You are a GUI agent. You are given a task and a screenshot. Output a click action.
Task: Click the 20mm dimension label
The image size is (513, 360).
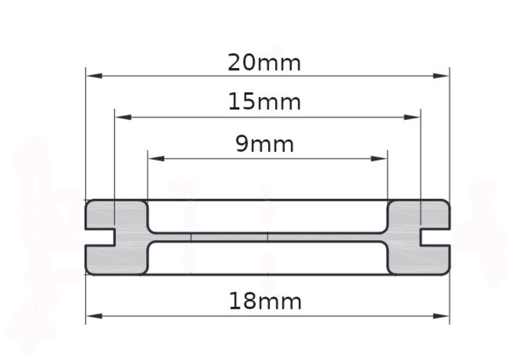tap(264, 63)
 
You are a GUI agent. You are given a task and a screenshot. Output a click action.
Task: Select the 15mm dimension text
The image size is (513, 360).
tap(264, 102)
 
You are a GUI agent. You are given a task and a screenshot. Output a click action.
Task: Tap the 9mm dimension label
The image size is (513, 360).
tap(264, 144)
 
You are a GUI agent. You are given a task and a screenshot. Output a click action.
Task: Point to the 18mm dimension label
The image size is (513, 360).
tap(265, 302)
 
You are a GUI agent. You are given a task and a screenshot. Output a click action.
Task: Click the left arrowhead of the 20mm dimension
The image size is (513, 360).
tap(94, 76)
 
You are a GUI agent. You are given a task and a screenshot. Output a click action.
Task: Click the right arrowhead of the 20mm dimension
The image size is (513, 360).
tap(441, 76)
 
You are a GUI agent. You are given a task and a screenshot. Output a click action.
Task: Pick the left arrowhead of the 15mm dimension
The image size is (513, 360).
tap(123, 117)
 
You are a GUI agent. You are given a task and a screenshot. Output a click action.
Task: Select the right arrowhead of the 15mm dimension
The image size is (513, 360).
tap(412, 117)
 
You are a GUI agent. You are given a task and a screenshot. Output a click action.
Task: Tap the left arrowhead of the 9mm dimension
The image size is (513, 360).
tap(156, 159)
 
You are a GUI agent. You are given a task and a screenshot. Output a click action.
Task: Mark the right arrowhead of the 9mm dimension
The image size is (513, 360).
tap(379, 159)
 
